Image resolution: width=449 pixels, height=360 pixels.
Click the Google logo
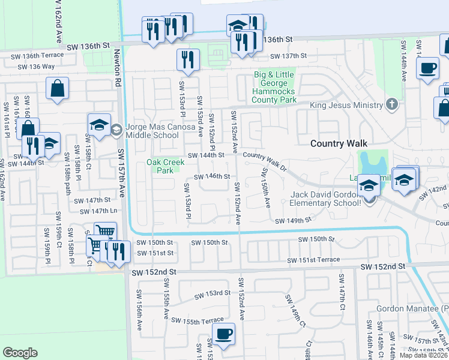20,353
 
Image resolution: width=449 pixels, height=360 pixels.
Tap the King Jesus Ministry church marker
391,105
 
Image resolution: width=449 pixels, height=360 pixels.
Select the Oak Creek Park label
160,166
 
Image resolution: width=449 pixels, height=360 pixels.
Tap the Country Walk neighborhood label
339,143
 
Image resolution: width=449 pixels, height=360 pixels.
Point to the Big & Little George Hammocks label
276,86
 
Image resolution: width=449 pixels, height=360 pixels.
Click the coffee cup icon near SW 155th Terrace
223,334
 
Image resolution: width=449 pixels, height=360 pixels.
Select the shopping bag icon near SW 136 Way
57,88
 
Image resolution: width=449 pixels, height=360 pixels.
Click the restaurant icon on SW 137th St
188,59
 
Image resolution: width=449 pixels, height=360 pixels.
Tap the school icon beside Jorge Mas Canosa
99,125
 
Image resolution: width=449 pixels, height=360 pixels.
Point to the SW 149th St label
294,221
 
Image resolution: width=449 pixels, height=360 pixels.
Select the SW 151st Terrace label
313,260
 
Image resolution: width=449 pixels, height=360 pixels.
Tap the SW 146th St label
212,176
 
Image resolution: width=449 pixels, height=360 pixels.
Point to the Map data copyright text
424,355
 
